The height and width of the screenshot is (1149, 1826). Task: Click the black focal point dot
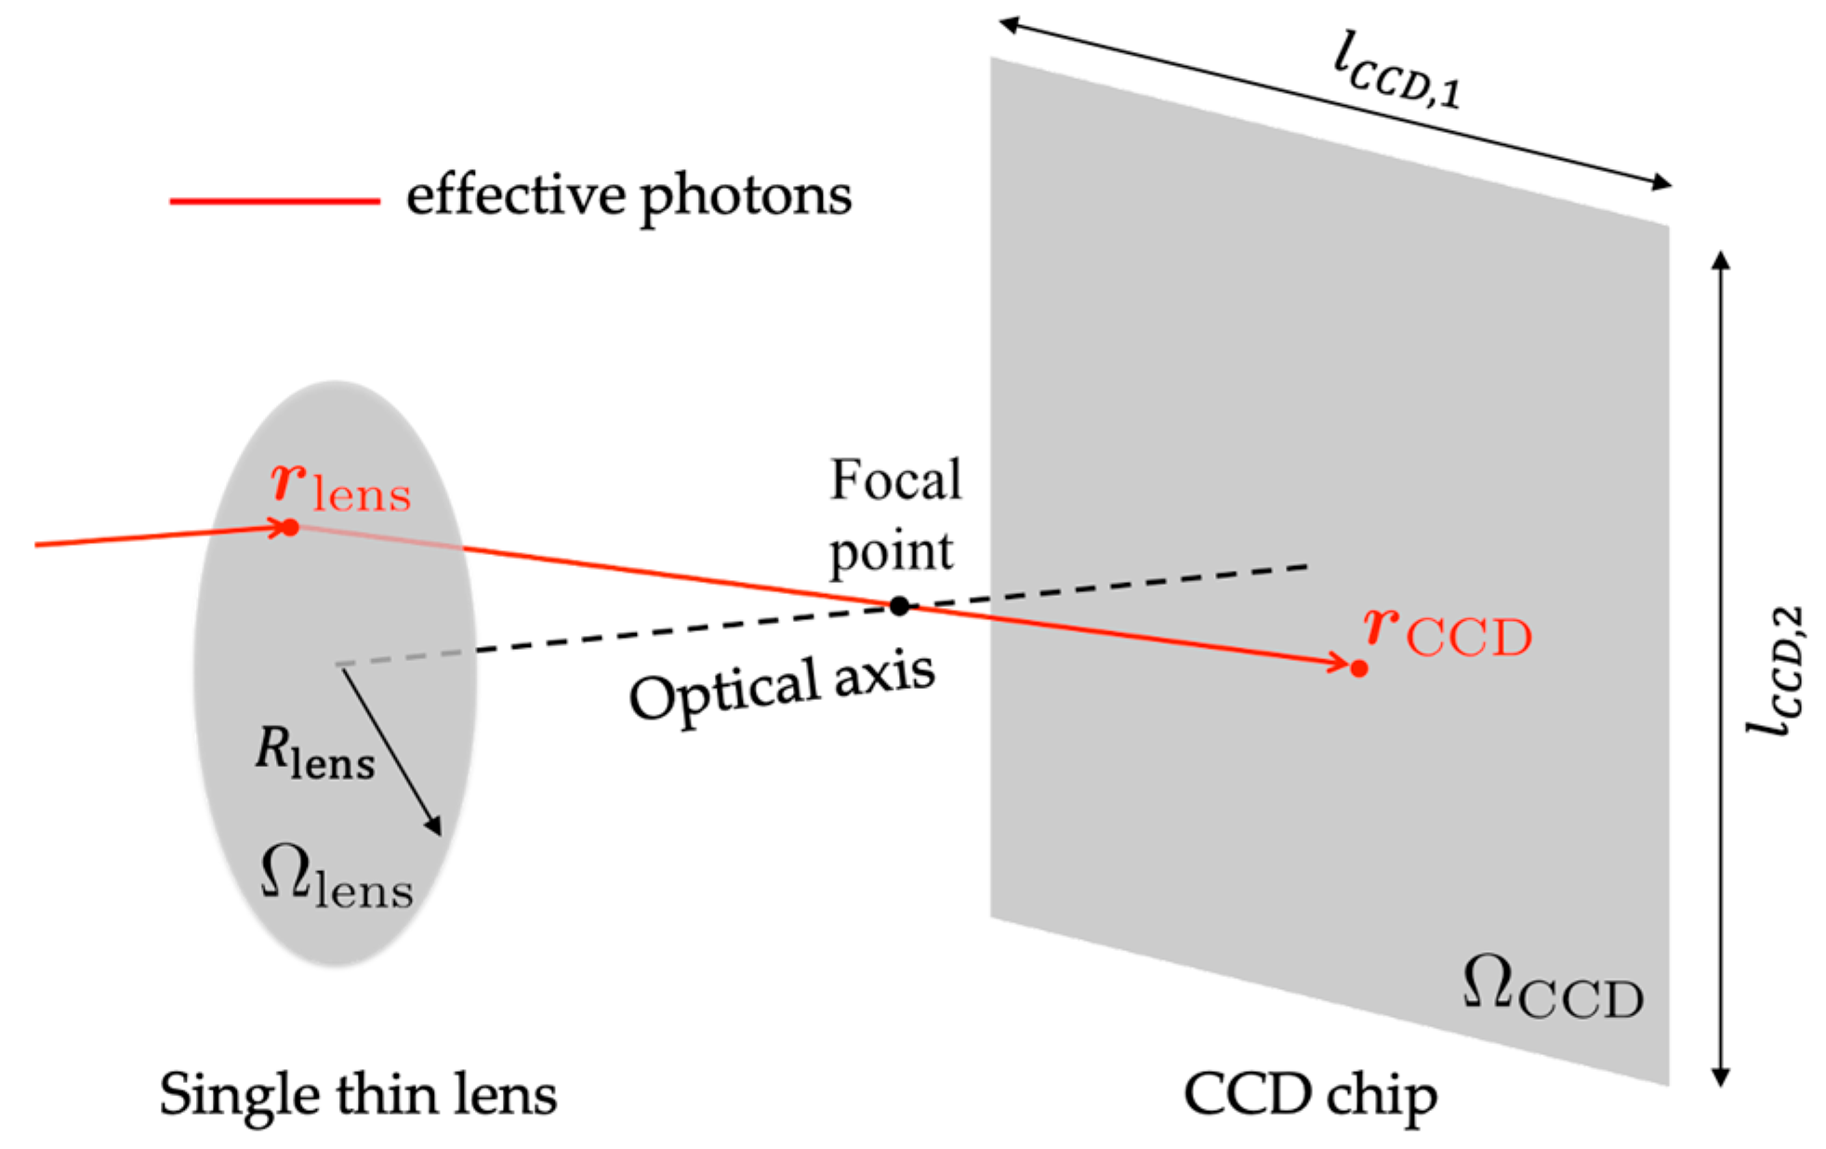(x=898, y=606)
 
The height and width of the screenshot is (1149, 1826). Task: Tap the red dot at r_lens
(x=290, y=528)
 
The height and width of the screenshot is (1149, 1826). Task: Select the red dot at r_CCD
(x=1358, y=668)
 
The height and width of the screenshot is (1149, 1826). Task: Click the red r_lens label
(x=340, y=487)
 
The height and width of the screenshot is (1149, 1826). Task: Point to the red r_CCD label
(x=1447, y=632)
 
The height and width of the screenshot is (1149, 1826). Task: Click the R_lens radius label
(x=314, y=753)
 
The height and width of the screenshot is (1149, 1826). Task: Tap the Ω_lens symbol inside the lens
(x=336, y=878)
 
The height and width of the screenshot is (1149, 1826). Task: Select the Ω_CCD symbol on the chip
(x=1552, y=989)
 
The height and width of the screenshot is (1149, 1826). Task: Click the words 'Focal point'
(x=894, y=515)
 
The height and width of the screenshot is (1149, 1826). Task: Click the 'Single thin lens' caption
(x=358, y=1095)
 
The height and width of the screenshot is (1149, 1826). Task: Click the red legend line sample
(x=274, y=201)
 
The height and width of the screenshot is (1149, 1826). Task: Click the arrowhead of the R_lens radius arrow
(x=434, y=826)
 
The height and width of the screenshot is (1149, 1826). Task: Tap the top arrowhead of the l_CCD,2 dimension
(x=1721, y=259)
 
